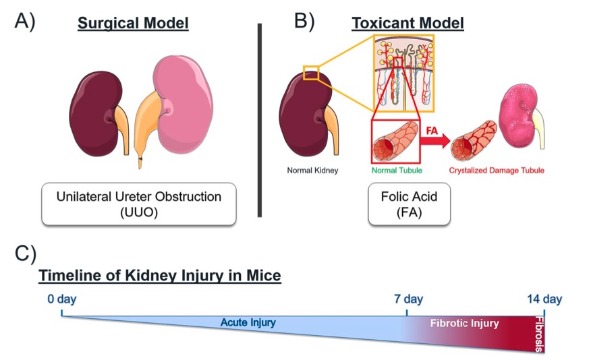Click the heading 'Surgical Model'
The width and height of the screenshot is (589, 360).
pos(133,24)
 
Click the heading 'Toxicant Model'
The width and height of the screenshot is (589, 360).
pos(408,24)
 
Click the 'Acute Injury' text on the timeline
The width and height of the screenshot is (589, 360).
pos(248,323)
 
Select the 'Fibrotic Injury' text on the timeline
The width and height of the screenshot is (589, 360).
pos(465,324)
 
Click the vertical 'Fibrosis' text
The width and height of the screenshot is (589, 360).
pos(538,334)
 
